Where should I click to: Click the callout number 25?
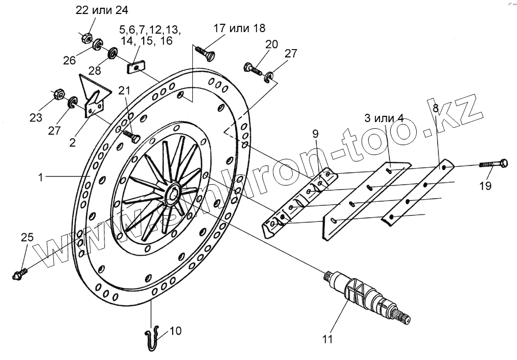pyautogui.click(x=27, y=237)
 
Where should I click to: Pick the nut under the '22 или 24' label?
pyautogui.click(x=87, y=37)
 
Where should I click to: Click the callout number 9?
pyautogui.click(x=315, y=134)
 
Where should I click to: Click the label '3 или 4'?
pyautogui.click(x=384, y=117)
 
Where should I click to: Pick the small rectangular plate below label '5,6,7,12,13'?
pyautogui.click(x=136, y=67)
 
